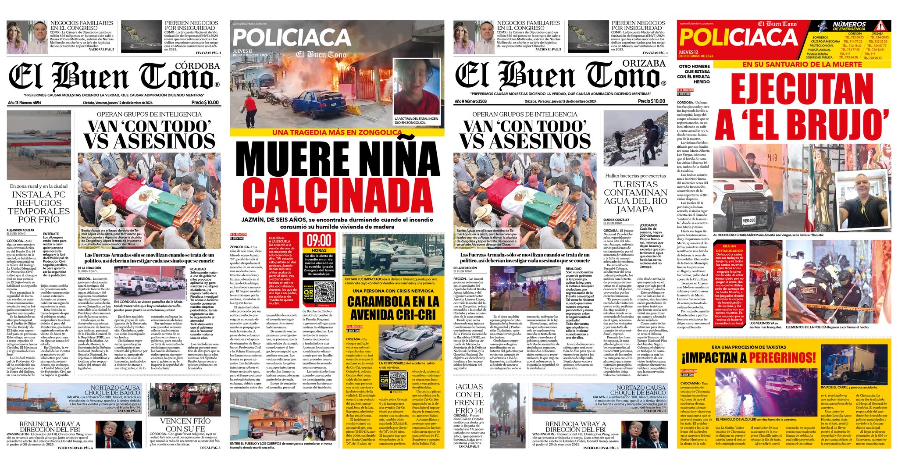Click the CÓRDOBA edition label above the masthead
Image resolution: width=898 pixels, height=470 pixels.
pos(197,66)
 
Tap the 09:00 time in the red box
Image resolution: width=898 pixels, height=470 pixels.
pos(319,241)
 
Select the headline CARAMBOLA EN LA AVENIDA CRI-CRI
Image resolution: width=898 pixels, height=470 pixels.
pos(393,308)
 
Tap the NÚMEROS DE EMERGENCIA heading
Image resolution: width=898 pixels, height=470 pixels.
pos(849,26)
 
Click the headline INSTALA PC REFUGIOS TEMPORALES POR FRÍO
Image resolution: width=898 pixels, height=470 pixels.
pos(39,207)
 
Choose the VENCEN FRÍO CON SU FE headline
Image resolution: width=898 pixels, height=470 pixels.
pos(185,424)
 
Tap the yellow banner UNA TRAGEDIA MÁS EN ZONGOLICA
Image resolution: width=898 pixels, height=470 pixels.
pos(336,132)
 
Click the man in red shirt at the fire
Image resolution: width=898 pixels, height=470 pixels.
pos(251,110)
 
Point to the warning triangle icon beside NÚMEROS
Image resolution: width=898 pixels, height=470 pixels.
pos(882,25)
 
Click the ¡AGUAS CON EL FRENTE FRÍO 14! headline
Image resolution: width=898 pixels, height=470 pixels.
pos(469,399)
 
